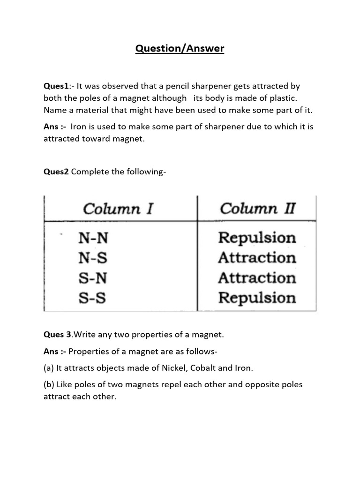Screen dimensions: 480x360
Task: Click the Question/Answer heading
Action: tap(180, 48)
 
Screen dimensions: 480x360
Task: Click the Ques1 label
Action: tap(56, 86)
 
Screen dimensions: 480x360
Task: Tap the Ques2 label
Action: tap(56, 172)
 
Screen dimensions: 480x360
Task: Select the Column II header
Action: tap(257, 209)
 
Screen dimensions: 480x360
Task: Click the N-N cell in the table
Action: tap(93, 239)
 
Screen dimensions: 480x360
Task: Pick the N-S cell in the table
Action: tap(93, 258)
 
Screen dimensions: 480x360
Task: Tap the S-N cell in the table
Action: tap(93, 278)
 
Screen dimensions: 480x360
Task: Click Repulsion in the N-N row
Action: tap(257, 238)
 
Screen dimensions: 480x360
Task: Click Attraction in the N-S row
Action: tap(257, 258)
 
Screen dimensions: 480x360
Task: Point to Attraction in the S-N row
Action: tap(257, 278)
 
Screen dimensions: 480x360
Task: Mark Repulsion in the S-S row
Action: tap(257, 298)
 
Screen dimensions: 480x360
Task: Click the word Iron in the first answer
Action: tap(79, 127)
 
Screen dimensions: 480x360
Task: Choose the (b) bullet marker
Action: tap(49, 385)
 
